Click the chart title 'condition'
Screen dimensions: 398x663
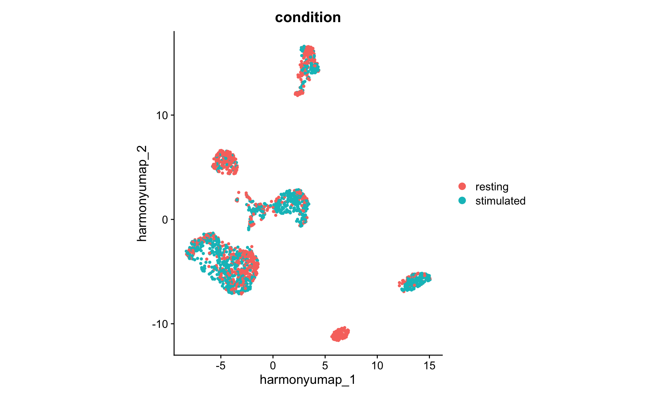(308, 17)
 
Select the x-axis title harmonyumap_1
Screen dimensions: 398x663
(308, 380)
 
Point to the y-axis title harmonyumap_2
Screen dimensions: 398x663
(142, 193)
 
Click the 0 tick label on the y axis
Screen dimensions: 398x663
(165, 220)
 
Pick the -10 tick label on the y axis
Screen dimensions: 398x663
(160, 324)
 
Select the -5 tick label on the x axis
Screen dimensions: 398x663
(220, 366)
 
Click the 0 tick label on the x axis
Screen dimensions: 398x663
(273, 366)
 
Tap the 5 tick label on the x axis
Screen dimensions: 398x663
(325, 366)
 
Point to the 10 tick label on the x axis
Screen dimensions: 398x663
(377, 366)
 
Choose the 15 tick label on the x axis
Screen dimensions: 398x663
(430, 366)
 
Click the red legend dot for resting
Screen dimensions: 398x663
(462, 187)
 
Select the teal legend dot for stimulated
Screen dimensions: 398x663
(462, 200)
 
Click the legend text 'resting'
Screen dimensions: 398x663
(492, 187)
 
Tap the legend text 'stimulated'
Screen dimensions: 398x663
(500, 201)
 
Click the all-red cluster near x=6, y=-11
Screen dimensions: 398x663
(340, 334)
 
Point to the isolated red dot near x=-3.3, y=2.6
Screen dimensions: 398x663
(239, 192)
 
